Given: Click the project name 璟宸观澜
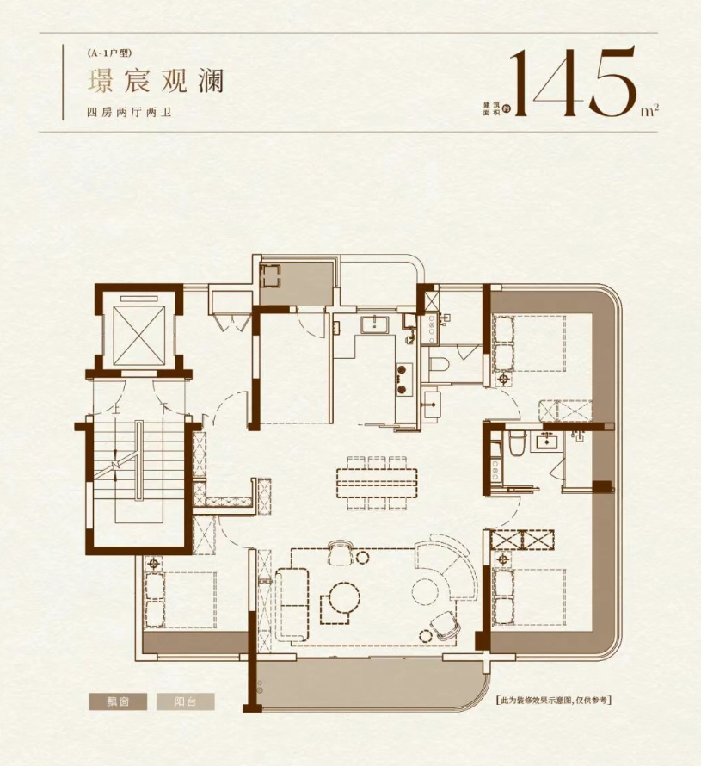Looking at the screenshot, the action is pos(155,81).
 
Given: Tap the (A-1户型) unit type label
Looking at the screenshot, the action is pos(110,53).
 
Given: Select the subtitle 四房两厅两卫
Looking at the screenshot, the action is pos(129,113).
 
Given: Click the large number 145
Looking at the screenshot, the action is pos(574,82).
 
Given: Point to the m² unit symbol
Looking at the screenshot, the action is pos(650,110).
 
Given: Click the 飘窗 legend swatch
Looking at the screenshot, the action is pos(118,702).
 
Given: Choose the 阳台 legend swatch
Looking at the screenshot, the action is pos(186,702).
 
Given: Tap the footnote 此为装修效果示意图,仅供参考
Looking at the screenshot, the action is pos(553,701).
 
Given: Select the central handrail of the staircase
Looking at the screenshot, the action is pos(139,460).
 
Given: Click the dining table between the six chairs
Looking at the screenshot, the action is pos(377,483).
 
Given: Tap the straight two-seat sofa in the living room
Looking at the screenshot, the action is pos(292,604).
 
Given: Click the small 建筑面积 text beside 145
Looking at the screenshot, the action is pos(489,108).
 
